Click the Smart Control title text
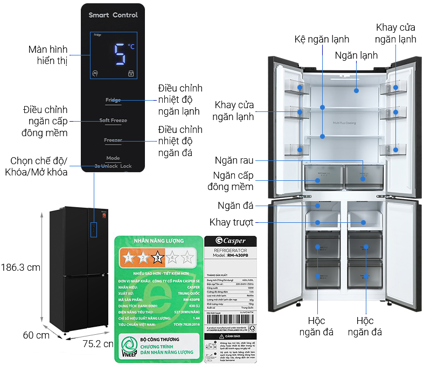point(113,15)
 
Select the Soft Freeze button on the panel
point(113,121)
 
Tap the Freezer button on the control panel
point(113,140)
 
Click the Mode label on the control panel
point(113,158)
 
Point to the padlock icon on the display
point(130,74)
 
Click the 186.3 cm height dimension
point(20,267)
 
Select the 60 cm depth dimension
point(36,335)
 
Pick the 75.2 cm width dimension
point(97,344)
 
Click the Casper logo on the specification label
point(231,241)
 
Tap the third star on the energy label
point(157,257)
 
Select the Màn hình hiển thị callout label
point(48,55)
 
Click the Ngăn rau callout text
point(234,160)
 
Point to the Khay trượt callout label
point(232,222)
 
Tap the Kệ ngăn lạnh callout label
point(322,39)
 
